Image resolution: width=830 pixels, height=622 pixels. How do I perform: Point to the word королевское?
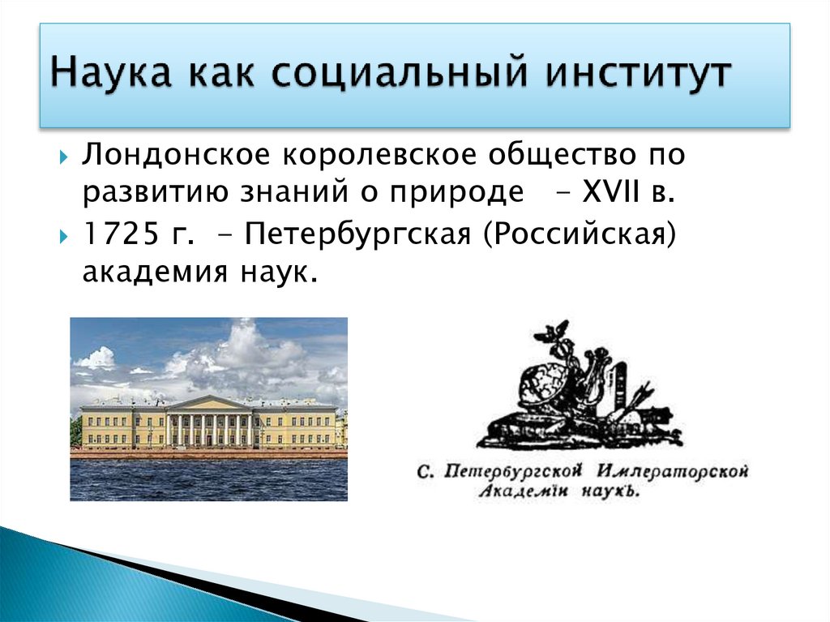click(x=360, y=153)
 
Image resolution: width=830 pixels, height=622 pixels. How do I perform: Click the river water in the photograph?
click(x=208, y=478)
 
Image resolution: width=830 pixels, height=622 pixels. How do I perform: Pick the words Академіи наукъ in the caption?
click(x=558, y=491)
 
